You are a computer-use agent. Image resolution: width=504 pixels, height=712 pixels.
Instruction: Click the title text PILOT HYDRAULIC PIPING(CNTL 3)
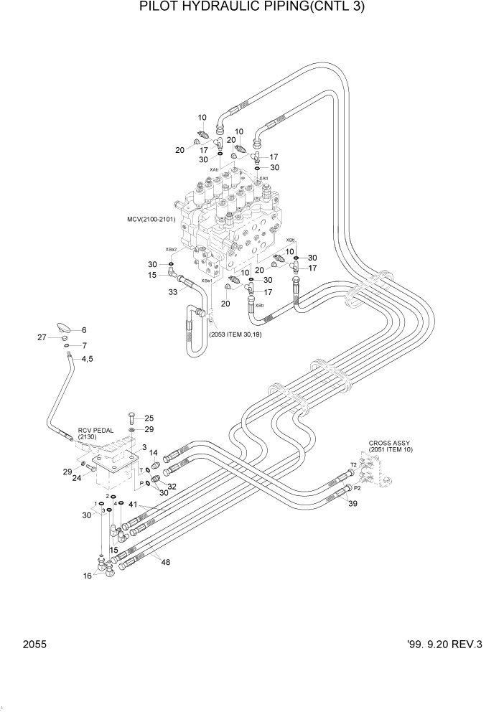252,8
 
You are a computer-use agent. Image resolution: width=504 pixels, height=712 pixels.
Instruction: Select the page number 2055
34,645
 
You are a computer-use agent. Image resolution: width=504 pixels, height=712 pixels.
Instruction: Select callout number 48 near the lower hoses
165,562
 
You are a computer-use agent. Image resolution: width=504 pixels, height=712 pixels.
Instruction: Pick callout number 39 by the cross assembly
353,505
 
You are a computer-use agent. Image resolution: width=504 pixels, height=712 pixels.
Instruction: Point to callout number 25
149,418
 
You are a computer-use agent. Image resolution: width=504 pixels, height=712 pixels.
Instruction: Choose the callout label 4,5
87,359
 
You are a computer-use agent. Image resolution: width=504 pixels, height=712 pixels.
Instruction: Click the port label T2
353,465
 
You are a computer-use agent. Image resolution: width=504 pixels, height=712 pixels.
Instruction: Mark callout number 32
172,486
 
